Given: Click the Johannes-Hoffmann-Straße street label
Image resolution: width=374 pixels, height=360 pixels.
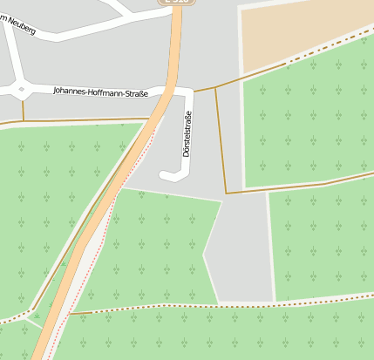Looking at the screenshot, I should click(x=100, y=92).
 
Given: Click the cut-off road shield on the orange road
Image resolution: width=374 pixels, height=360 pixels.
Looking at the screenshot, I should click(x=172, y=3).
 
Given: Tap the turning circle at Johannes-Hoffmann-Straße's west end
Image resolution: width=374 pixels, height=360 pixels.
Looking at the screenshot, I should click(x=21, y=88).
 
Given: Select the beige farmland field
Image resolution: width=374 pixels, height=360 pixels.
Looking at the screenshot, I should click(x=305, y=31).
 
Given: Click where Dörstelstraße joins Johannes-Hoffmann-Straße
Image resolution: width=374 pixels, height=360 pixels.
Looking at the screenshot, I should click(x=188, y=92).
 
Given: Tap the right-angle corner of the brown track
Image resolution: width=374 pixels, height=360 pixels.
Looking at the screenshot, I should click(x=226, y=193).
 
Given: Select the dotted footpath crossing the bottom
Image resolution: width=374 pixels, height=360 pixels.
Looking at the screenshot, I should click(x=218, y=307).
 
